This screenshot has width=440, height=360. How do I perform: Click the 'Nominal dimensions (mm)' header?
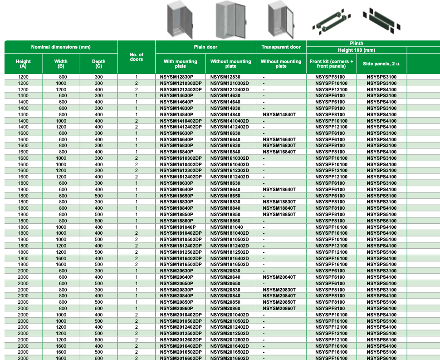61,47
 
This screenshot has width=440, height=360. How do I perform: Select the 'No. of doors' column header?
136,57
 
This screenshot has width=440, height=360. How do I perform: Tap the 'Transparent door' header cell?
281,47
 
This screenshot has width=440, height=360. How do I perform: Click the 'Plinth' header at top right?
356,44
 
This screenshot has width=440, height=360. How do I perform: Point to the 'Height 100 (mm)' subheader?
356,50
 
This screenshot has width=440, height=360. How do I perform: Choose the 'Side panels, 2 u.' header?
381,64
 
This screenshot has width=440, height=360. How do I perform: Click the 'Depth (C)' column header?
98,64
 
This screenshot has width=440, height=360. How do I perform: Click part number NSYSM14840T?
279,114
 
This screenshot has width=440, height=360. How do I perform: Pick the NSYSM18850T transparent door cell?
279,215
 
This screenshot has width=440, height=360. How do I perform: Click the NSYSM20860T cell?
279,308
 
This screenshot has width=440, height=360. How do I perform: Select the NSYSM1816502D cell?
230,265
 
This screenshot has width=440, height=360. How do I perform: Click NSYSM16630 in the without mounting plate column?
225,133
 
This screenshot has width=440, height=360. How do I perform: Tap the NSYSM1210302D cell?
230,84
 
